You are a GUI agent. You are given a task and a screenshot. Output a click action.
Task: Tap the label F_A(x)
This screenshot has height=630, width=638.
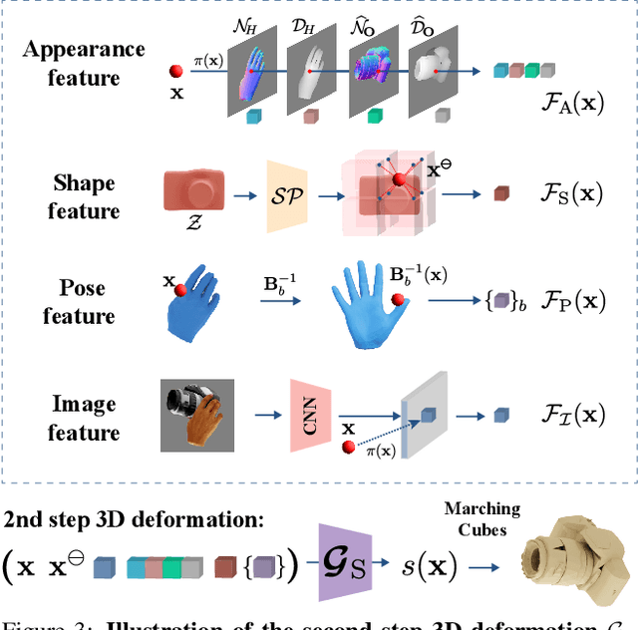point(563,101)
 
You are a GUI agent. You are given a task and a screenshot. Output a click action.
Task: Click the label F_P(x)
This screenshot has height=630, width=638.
point(563,300)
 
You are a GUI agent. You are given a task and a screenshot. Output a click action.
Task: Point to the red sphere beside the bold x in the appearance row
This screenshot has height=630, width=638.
point(175,71)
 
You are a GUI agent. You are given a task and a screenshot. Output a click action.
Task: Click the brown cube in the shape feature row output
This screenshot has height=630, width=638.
point(501,193)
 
